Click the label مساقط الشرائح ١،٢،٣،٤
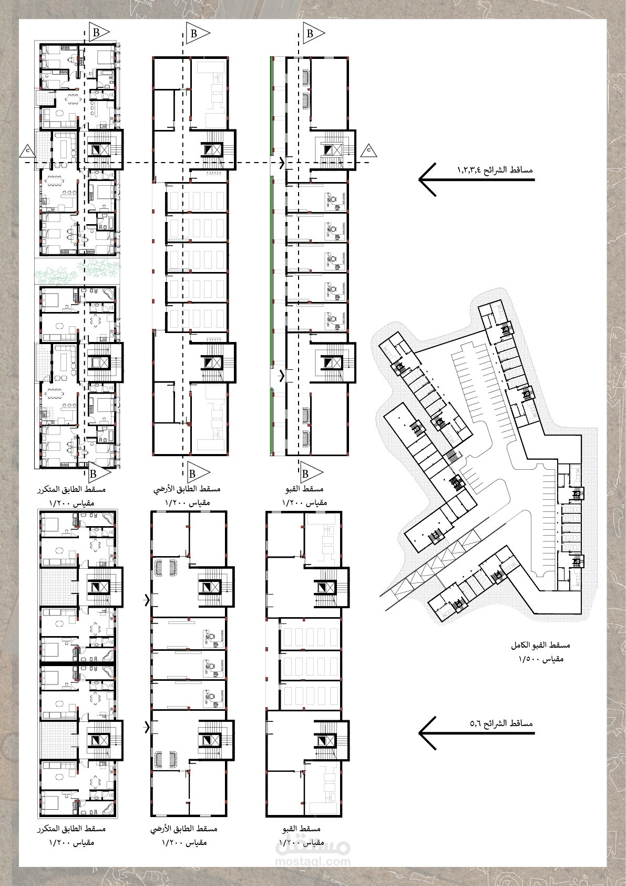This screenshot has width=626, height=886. pos(495,170)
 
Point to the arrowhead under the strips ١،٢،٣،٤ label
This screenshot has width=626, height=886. pos(428,179)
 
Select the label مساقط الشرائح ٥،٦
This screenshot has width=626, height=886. pos(501,723)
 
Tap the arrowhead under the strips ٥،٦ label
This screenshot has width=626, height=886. pos(428,733)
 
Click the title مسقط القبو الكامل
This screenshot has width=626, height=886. pos(540,645)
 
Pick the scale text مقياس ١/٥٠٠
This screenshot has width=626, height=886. pos(541,659)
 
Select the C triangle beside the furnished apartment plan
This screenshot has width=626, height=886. pos(28,150)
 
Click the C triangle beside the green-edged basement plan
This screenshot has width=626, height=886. pos(368,150)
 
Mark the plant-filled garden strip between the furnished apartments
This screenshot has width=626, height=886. pos(77,271)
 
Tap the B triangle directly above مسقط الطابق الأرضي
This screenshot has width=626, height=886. pos(198,473)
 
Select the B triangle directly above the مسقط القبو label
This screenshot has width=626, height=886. pos(311,473)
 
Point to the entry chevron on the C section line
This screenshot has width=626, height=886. pos(282,163)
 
